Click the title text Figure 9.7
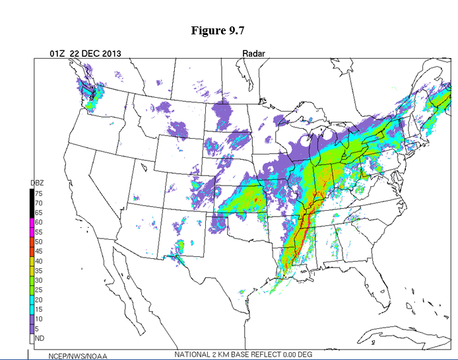[x=218, y=31]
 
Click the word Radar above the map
[x=253, y=54]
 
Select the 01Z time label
[x=58, y=54]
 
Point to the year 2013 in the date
[x=108, y=54]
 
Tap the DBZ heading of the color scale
[x=37, y=183]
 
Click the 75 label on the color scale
[x=39, y=194]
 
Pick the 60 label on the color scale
[x=39, y=223]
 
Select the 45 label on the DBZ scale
[x=39, y=252]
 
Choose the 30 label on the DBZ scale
[x=39, y=280]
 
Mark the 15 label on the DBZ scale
[x=39, y=309]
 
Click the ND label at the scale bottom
[x=39, y=338]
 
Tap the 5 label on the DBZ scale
[x=37, y=328]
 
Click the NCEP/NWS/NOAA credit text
[x=78, y=356]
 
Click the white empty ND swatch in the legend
[x=31, y=338]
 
